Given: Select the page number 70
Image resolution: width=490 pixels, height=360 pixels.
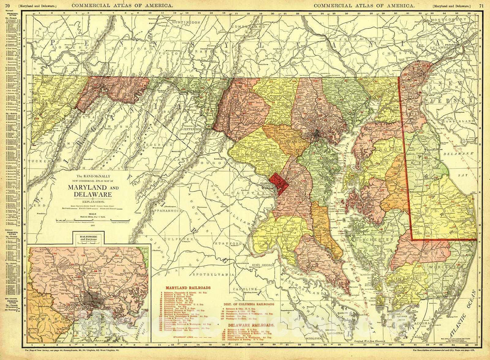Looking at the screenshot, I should pyautogui.click(x=7, y=5).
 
